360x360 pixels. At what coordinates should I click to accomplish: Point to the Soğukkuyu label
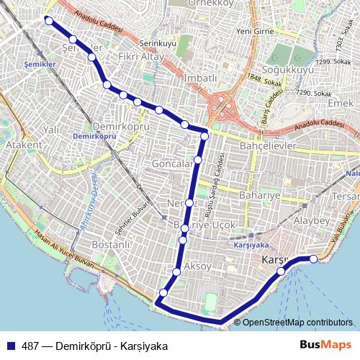[x=288, y=71]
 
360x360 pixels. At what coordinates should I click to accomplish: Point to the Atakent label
[x=19, y=145]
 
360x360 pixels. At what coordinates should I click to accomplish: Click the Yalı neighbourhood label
[x=51, y=129]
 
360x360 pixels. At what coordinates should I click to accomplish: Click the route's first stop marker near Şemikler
[x=49, y=21]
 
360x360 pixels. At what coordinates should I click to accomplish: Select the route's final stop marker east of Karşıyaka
[x=313, y=258]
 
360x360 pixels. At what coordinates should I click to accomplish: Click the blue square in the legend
[x=12, y=345]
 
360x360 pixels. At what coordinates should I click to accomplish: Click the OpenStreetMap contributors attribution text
[x=297, y=323]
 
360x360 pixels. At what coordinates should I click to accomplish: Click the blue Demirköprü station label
[x=94, y=135]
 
